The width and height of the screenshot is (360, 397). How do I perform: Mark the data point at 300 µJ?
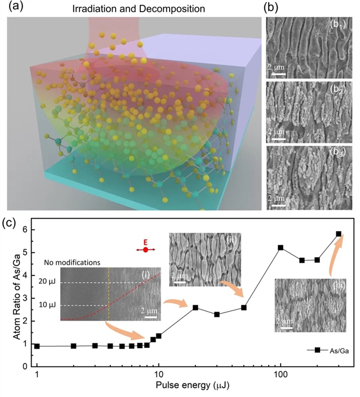coord(339,234)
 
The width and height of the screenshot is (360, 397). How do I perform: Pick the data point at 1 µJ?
coord(37,346)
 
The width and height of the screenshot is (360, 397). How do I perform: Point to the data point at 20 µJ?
coord(195,307)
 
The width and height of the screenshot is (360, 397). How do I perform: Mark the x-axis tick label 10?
coord(159,376)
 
